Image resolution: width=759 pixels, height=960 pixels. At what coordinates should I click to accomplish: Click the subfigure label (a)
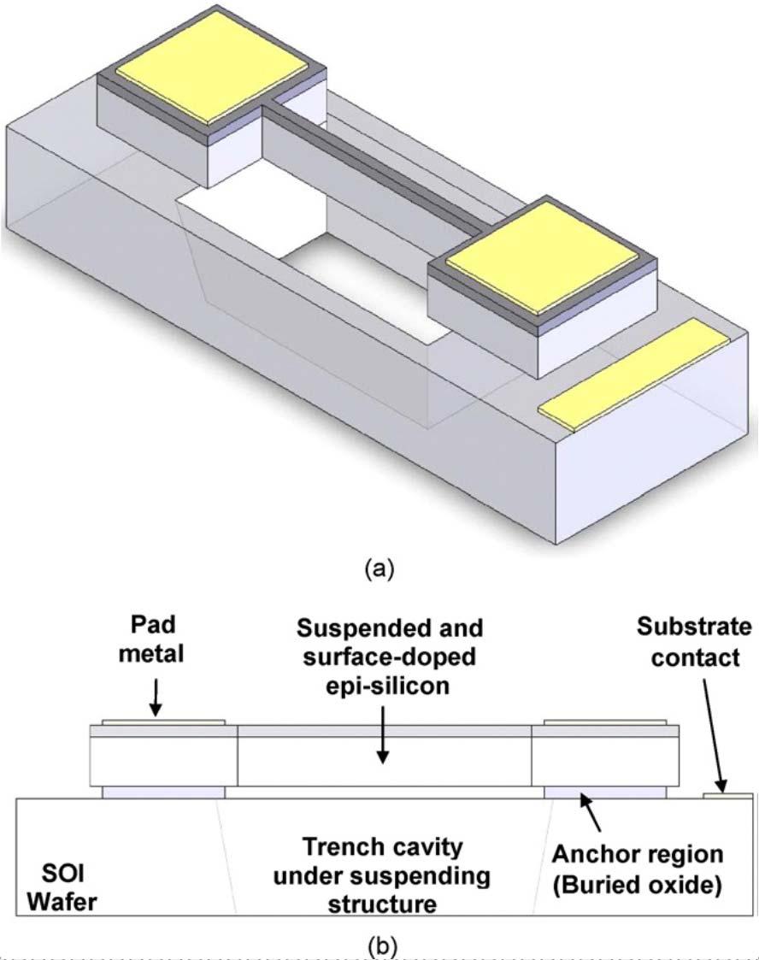click(x=379, y=569)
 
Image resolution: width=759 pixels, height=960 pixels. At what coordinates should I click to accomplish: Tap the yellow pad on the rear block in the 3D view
click(x=212, y=67)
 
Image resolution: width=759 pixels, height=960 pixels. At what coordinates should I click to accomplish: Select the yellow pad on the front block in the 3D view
click(x=542, y=257)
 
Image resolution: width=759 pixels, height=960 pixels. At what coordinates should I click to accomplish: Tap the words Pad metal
click(x=151, y=639)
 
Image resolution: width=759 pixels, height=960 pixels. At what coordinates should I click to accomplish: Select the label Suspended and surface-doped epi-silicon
click(x=389, y=657)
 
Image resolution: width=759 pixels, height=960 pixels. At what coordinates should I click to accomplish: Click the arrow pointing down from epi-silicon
click(x=383, y=734)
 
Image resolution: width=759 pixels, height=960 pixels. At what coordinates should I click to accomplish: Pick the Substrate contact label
click(x=694, y=642)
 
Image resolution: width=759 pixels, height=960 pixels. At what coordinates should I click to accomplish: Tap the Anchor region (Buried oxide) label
click(x=637, y=869)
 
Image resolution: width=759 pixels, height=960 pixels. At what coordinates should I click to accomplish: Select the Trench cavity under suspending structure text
click(x=382, y=875)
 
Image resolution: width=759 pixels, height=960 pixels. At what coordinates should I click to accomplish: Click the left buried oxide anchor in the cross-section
click(x=163, y=792)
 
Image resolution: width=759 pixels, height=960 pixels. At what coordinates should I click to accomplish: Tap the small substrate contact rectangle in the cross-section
click(x=727, y=796)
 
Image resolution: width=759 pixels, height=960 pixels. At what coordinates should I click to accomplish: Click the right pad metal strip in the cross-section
click(x=605, y=722)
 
